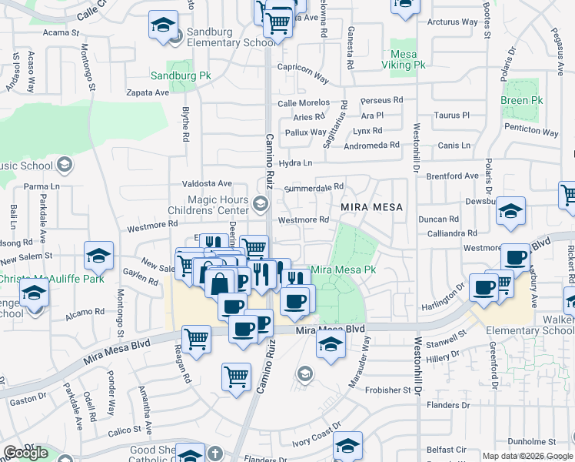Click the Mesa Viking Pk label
coord(407,60)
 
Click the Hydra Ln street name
coord(296,163)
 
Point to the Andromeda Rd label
coord(372,145)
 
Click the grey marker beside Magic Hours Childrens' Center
coord(261,204)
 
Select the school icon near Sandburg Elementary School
coord(164,25)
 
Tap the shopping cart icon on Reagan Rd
coord(197,338)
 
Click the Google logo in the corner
coord(25,453)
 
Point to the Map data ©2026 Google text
coord(527,456)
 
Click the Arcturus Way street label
coord(452,22)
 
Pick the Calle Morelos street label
coord(303,103)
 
